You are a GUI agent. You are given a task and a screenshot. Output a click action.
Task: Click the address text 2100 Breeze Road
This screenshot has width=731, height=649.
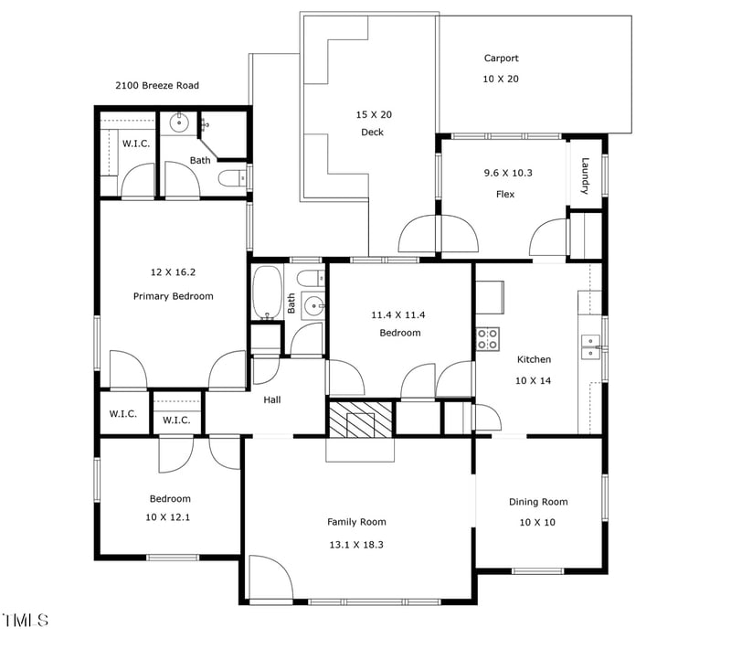coord(156,86)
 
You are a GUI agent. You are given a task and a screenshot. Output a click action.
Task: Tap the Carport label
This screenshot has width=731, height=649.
coord(501,59)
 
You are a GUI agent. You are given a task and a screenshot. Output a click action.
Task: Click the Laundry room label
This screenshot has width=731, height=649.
coord(585,176)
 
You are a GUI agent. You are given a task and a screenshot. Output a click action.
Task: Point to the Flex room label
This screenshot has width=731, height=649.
coord(504,194)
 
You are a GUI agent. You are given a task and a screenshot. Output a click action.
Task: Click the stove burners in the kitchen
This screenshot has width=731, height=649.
coord(487,339)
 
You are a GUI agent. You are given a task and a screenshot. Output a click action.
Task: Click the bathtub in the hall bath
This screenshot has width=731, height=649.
coord(267,293)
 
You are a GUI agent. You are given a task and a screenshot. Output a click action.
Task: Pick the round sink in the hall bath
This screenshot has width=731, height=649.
coord(313,306)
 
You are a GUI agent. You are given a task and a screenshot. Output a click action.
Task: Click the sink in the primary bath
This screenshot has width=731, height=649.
coord(180,121)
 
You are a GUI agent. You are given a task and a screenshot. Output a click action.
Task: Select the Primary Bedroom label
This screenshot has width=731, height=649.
coord(173,296)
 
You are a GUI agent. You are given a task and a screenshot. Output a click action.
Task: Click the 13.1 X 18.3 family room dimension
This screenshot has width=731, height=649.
coord(356,544)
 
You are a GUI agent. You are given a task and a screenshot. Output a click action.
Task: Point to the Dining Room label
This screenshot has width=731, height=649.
coord(537,502)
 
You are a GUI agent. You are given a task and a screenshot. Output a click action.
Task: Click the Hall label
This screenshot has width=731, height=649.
coord(272,399)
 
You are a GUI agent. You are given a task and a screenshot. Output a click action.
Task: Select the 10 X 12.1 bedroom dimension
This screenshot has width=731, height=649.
coord(170,517)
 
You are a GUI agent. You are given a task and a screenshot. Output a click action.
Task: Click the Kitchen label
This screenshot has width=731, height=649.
coord(534,359)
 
